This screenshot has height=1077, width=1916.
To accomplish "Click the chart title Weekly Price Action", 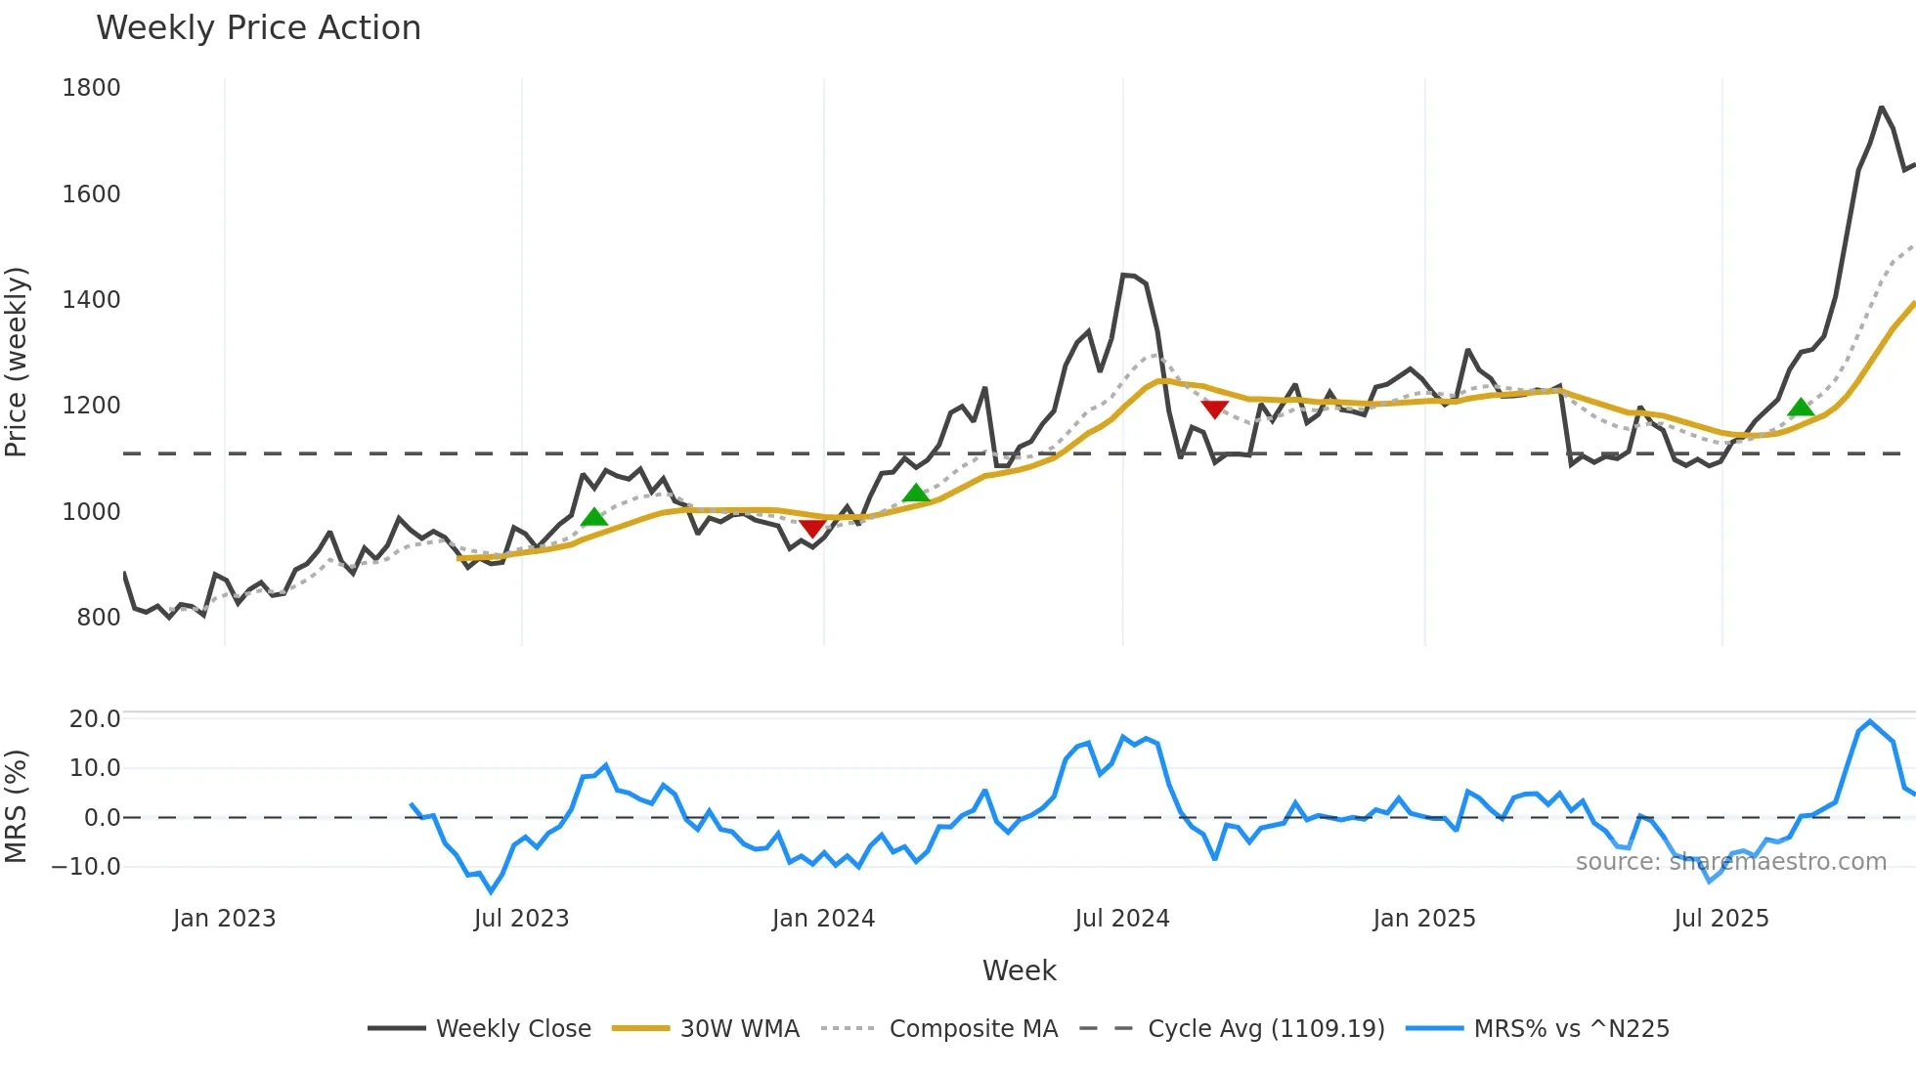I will point(258,28).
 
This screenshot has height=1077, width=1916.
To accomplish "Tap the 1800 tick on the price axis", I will point(91,88).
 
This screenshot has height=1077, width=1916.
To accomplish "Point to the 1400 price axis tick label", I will point(91,300).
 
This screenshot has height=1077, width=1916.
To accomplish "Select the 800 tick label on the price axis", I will point(98,618).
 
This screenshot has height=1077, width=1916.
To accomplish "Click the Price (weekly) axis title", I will point(16,362).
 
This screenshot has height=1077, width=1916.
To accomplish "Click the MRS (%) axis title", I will point(16,806).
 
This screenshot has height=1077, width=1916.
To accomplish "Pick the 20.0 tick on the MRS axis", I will point(95,719).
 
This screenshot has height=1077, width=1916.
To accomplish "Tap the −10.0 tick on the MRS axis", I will point(86,867).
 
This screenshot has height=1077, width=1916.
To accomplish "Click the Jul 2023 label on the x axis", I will point(521,919).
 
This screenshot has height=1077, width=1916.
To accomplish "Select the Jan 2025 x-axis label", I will point(1423,919).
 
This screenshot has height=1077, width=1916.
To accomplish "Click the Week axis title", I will point(1019,970).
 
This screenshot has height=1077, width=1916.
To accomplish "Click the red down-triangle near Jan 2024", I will point(812,529).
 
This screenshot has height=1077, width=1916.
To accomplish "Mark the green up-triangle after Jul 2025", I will point(1801,408).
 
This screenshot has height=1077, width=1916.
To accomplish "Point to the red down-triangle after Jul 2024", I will point(1214,409).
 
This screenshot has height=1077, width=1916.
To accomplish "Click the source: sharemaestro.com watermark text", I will point(1730,862).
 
